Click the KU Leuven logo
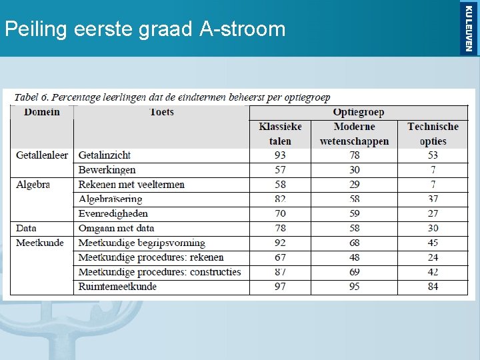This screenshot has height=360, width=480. click(469, 27)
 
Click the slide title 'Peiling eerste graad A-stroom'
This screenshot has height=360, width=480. click(145, 29)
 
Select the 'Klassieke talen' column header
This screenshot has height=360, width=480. click(280, 133)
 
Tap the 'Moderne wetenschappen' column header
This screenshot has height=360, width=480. click(354, 133)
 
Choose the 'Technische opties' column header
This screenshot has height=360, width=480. click(433, 133)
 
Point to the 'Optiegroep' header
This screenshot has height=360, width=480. click(358, 112)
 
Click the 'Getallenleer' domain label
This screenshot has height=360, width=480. click(42, 155)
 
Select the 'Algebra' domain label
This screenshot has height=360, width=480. click(33, 185)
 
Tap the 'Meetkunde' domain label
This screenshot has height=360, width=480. click(40, 243)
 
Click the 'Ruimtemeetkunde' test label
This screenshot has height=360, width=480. click(117, 287)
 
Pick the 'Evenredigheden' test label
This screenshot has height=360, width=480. click(113, 214)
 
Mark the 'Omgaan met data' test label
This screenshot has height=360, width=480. click(116, 229)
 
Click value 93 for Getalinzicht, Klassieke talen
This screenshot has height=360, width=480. click(280, 155)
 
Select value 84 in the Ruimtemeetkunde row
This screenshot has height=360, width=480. click(433, 287)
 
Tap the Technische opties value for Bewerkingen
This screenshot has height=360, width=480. click(433, 170)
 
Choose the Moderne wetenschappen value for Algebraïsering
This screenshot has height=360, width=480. click(354, 199)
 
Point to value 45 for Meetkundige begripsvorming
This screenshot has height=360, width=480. click(433, 243)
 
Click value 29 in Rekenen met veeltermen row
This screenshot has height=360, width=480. click(354, 185)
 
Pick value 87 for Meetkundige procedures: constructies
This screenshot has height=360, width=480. click(280, 272)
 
